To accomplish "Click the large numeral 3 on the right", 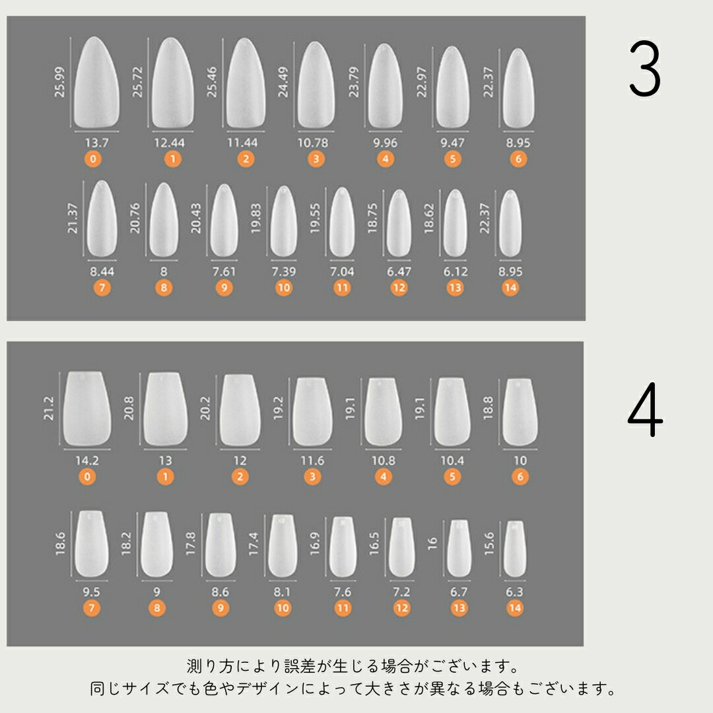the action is click(x=645, y=69).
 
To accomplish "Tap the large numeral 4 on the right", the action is click(x=645, y=409).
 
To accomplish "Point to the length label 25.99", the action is click(x=59, y=83).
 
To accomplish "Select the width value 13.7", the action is click(x=97, y=143).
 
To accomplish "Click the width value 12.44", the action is click(x=169, y=143).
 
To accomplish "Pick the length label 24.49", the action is click(x=283, y=83).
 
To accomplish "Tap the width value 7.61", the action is click(x=224, y=271).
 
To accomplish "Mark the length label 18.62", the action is click(x=429, y=219).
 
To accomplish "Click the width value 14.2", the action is click(x=87, y=461).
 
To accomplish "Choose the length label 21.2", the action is click(x=49, y=409).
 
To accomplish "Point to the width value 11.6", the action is click(x=312, y=461).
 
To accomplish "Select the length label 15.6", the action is click(x=489, y=543).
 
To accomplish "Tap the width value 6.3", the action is click(x=514, y=592).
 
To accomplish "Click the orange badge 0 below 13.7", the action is click(x=93, y=158).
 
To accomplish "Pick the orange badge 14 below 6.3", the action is click(x=515, y=608).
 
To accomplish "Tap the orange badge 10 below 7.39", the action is click(x=284, y=287).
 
